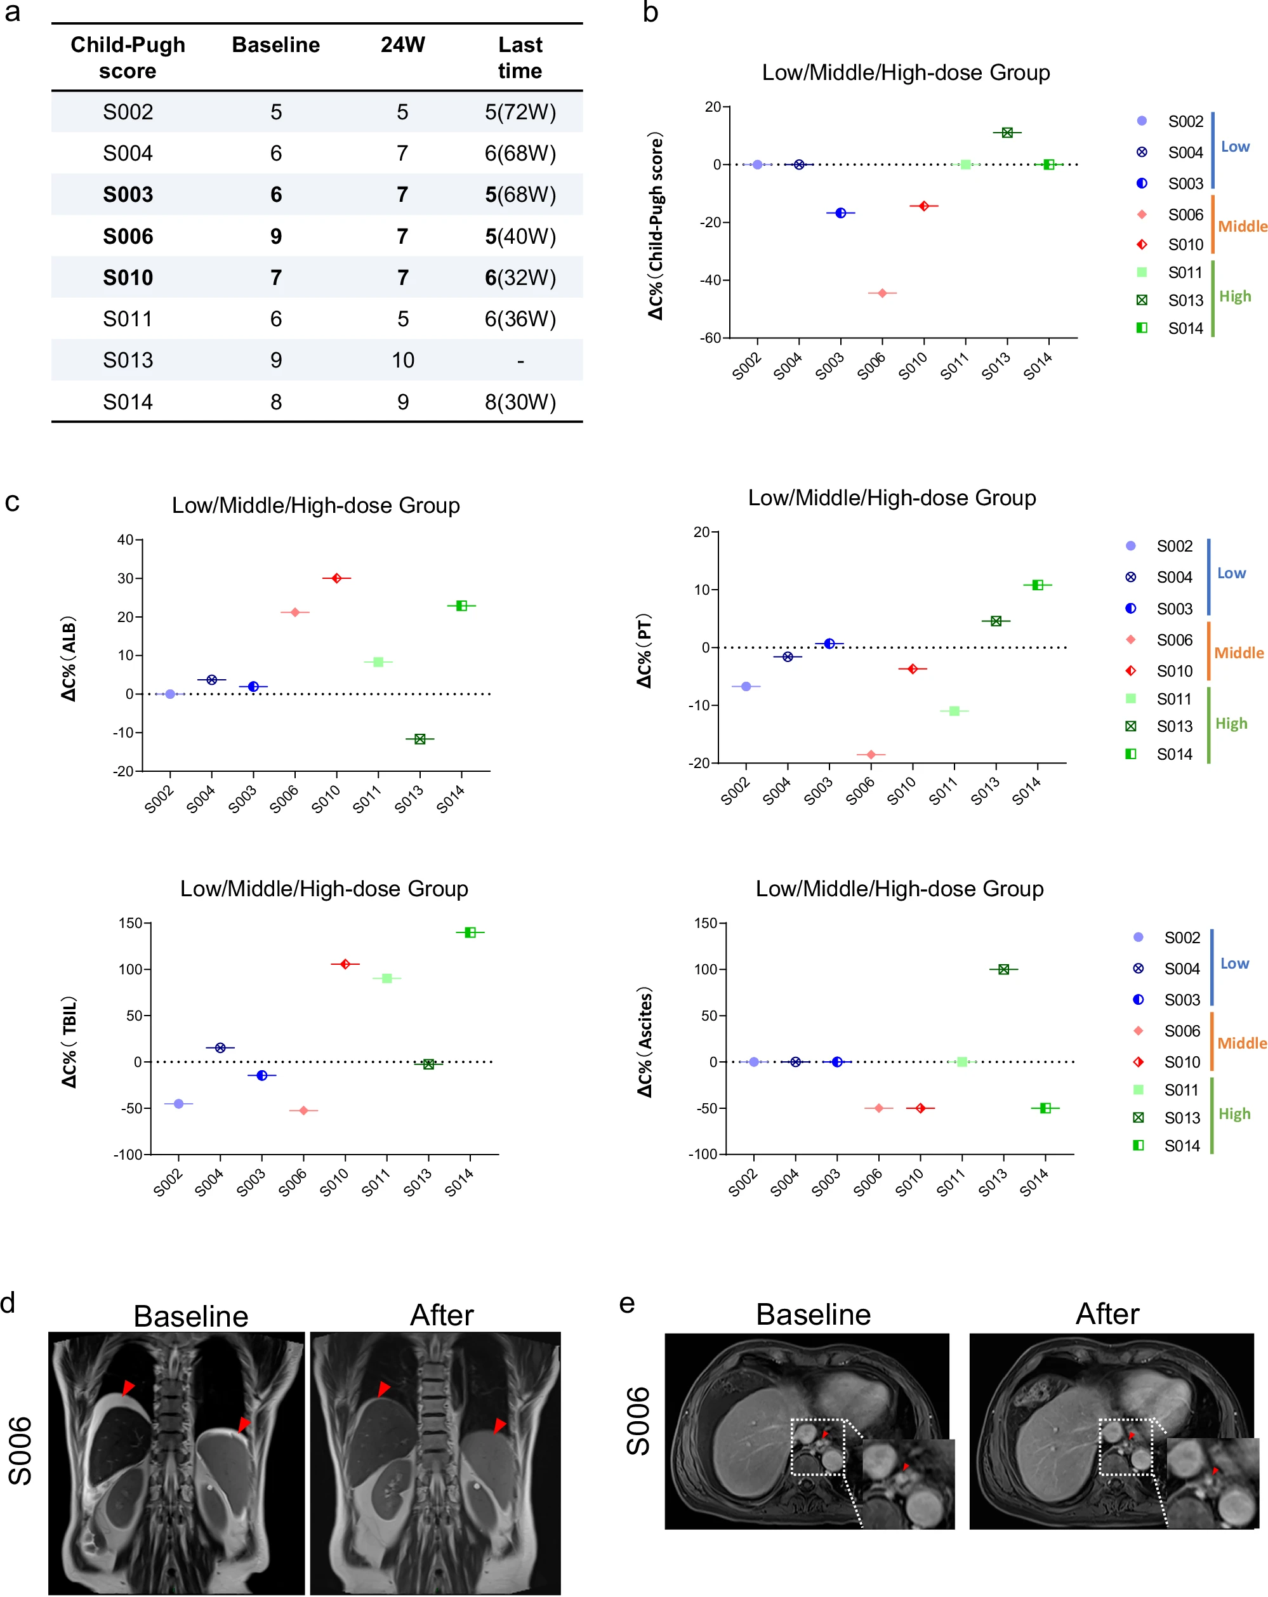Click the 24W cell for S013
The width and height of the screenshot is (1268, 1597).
tap(402, 361)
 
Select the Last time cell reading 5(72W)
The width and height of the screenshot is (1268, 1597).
tap(520, 112)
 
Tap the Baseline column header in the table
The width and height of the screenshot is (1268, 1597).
tap(275, 45)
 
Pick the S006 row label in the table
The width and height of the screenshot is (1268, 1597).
tap(128, 236)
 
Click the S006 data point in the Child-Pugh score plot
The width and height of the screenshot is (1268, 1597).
tap(882, 293)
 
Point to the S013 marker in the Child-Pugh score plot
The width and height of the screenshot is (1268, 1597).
tap(1007, 133)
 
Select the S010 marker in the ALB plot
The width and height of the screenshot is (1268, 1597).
tap(337, 578)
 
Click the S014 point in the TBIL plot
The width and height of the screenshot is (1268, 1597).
tap(470, 932)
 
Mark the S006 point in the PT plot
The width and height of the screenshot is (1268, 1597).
tap(871, 755)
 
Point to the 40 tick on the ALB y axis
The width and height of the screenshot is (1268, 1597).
tap(125, 540)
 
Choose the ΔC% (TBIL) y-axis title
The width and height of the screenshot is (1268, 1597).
tap(70, 1042)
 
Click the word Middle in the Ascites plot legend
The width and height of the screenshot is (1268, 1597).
tap(1241, 1043)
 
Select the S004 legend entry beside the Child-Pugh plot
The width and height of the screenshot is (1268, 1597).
tap(1185, 152)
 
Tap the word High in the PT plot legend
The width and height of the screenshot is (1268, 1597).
tap(1231, 724)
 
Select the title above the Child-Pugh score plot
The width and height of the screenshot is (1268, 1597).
tap(905, 72)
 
